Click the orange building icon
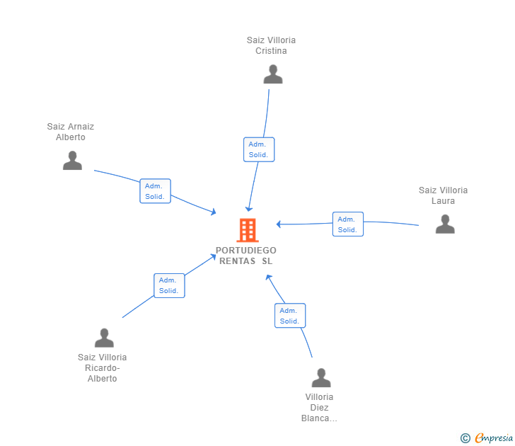247,230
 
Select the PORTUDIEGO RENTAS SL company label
246,256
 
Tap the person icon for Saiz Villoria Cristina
272,74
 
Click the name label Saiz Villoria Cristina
271,45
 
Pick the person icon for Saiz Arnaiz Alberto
72,161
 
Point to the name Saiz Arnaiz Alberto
71,132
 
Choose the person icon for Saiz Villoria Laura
445,224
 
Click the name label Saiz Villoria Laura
443,195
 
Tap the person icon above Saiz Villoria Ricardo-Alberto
104,338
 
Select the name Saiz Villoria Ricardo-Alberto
103,367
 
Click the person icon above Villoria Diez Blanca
321,377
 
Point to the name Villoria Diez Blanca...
319,407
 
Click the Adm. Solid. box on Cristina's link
259,149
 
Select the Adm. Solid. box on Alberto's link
155,191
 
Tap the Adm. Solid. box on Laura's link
347,224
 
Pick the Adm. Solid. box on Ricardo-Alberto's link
169,285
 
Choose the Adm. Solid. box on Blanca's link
290,316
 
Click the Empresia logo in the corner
493,438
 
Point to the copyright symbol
465,438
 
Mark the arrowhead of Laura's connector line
279,224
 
